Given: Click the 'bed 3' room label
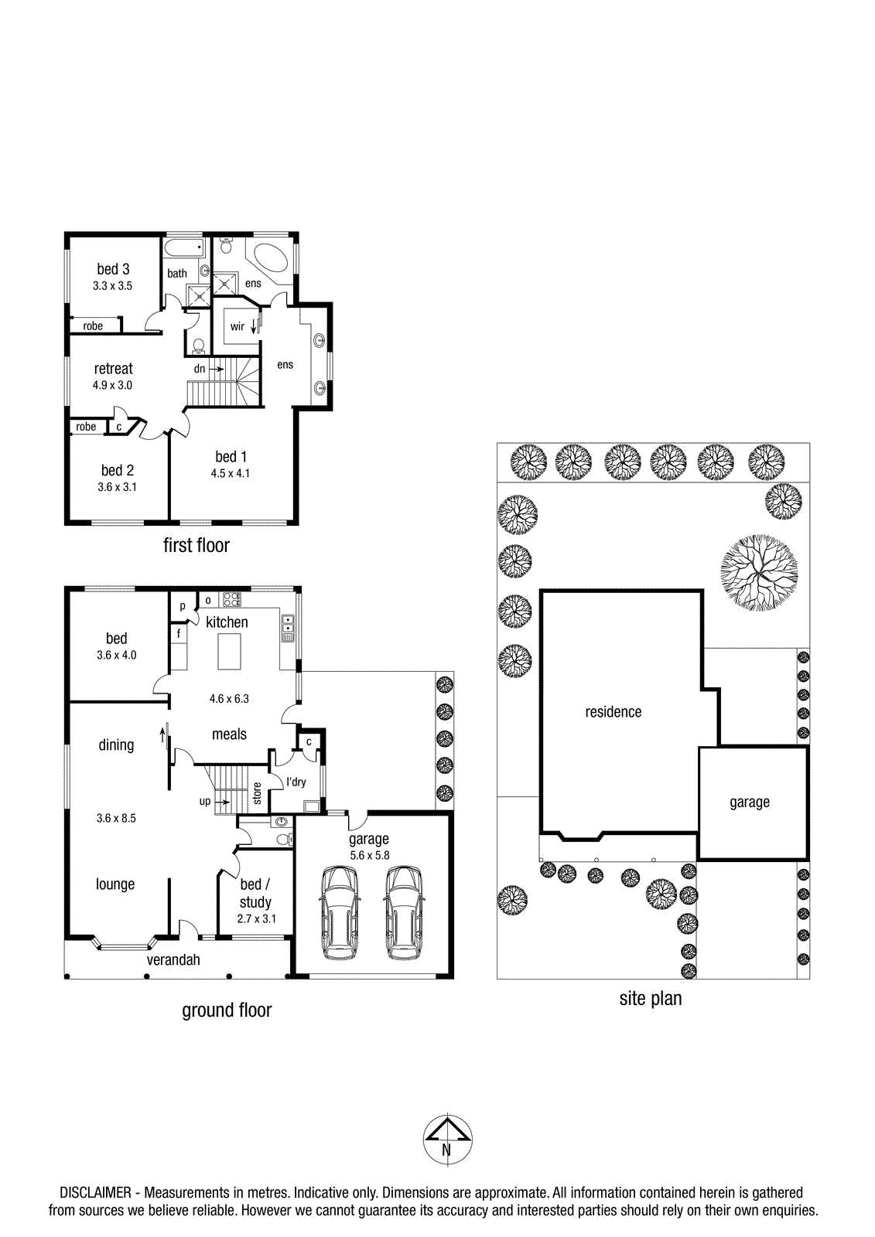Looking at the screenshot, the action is tap(113, 269).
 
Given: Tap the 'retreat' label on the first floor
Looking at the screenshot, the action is tap(113, 368).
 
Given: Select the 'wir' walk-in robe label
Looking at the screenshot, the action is tap(238, 326).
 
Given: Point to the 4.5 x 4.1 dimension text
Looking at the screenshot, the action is tap(230, 473).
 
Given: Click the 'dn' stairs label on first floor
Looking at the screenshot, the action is tap(199, 369).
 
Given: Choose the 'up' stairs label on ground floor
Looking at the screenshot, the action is tap(204, 801).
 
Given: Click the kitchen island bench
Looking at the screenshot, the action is tap(230, 652).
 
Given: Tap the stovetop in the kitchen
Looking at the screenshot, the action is tap(230, 600).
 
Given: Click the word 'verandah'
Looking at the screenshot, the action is tap(173, 959).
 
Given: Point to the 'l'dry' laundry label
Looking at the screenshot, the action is tap(296, 782).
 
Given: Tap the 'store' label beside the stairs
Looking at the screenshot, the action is tap(257, 793).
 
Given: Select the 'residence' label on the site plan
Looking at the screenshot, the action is tap(613, 712).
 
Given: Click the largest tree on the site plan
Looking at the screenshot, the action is tap(759, 572).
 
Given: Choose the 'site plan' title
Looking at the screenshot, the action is tap(650, 998).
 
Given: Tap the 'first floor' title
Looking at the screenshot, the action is tap(197, 545).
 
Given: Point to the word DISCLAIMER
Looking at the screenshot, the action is tap(95, 1193).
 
